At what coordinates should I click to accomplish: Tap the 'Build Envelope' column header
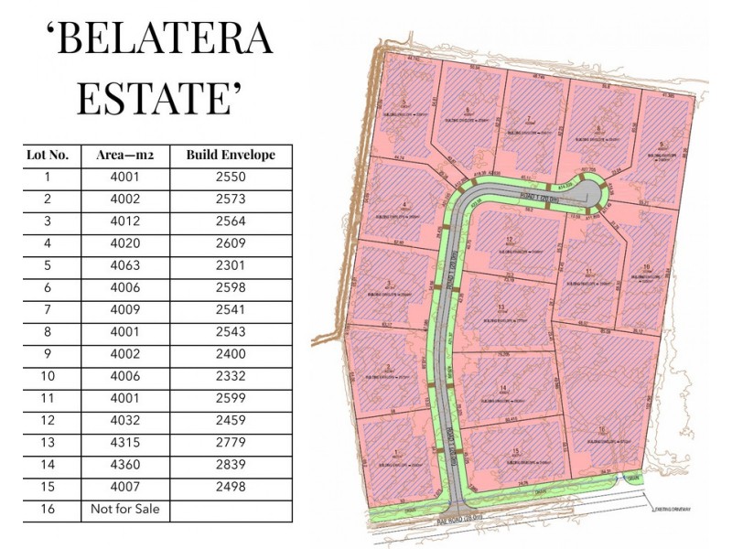coord(231,156)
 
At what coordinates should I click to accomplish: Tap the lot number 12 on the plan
coord(509,240)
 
